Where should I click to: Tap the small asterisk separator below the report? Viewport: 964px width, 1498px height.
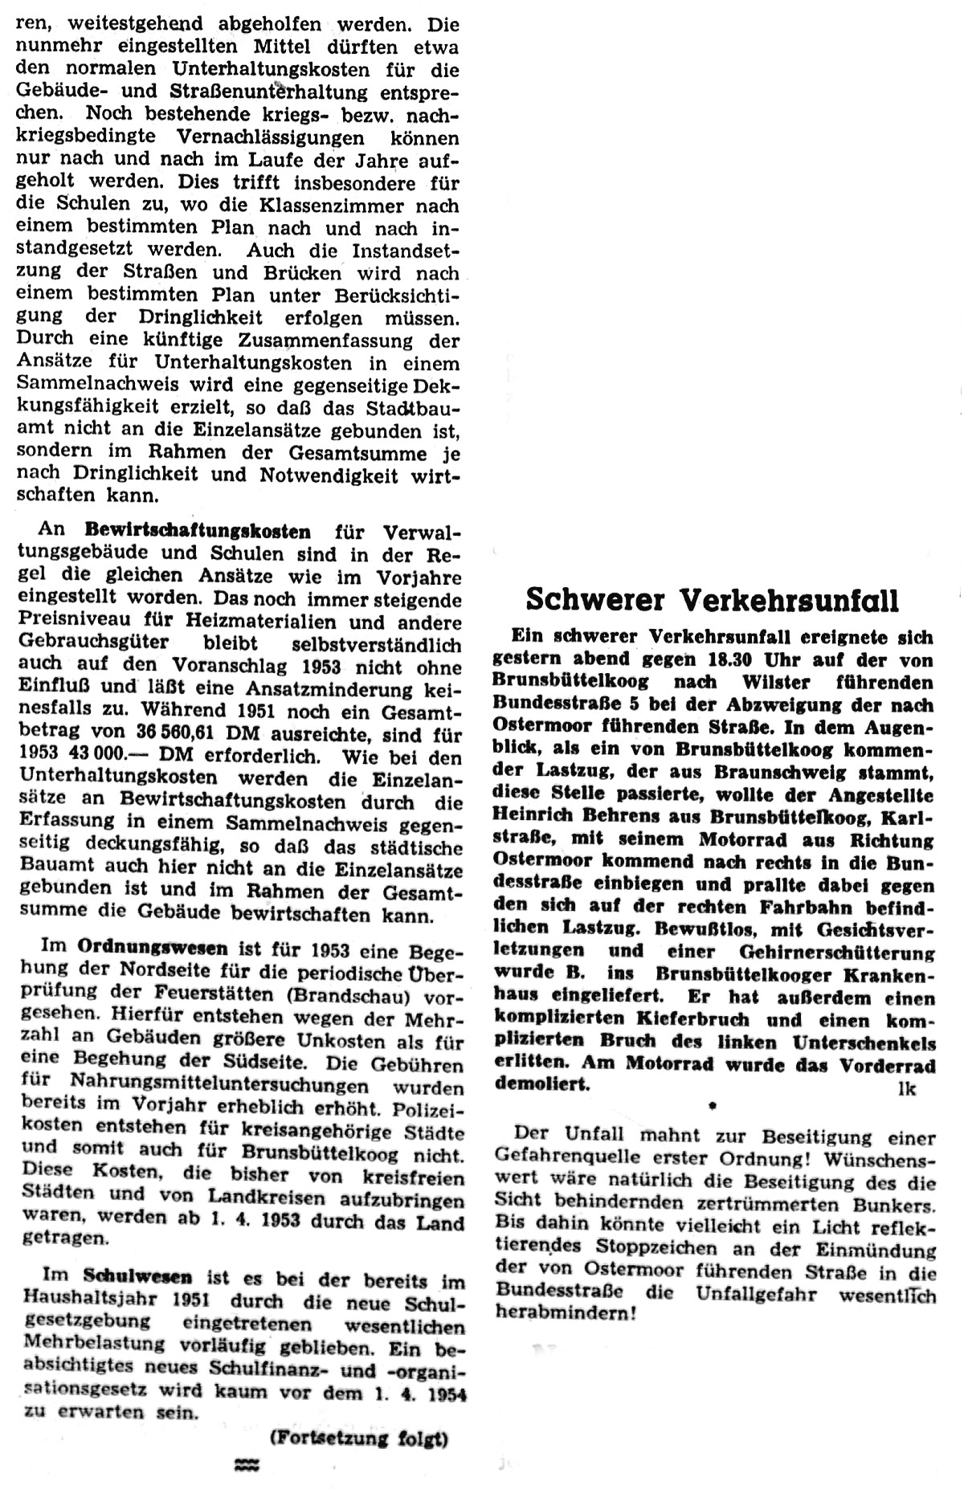tap(713, 1106)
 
